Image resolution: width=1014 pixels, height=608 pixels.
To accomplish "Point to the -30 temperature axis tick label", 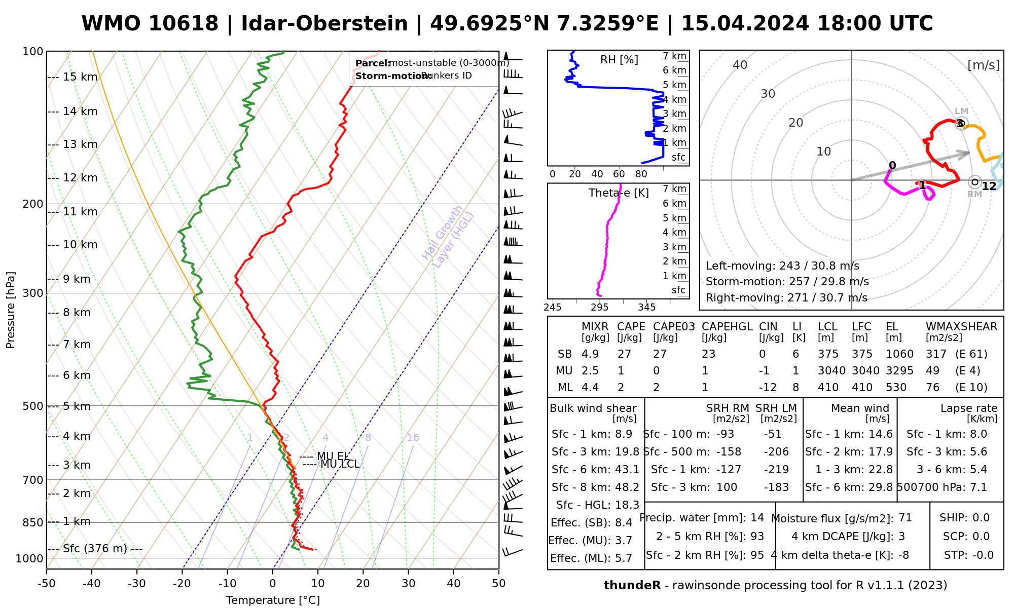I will click(136, 584).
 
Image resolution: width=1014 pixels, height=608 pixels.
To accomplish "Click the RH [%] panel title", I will click(619, 60).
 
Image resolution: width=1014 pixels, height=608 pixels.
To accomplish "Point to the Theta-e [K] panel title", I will click(619, 193).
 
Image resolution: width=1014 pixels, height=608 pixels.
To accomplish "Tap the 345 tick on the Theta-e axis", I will click(646, 308).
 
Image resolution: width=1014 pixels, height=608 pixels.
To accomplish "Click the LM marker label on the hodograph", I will click(961, 111).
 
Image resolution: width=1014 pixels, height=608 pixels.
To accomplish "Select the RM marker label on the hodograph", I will click(974, 195).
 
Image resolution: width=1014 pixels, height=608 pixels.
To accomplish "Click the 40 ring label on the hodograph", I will click(740, 65).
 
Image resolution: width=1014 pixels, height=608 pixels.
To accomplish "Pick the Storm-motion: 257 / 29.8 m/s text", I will click(787, 282).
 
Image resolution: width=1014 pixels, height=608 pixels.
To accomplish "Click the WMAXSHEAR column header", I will click(961, 327).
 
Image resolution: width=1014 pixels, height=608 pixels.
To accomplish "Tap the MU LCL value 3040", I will click(831, 371).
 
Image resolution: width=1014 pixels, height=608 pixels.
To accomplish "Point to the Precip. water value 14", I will click(757, 518).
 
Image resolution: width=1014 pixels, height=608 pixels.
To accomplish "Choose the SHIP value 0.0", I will click(981, 518).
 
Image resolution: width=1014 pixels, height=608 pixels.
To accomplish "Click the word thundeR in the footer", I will click(632, 586).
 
